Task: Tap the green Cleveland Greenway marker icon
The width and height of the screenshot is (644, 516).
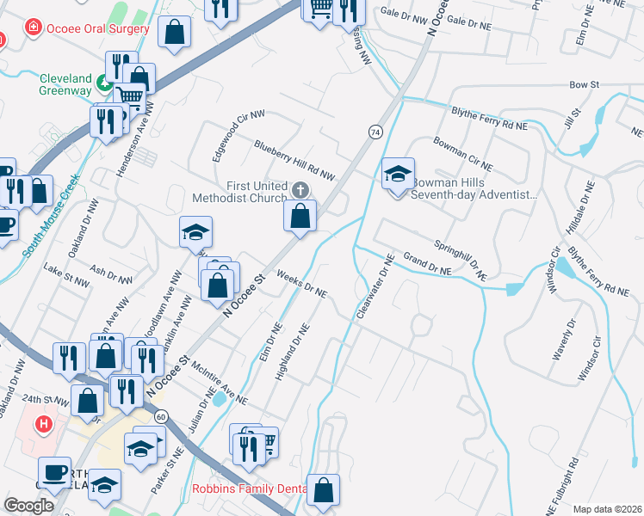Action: point(103,83)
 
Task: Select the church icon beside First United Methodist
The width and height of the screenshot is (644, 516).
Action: point(300,189)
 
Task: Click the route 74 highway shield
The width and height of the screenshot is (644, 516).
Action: point(375,132)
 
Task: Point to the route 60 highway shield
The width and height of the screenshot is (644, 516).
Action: point(161,416)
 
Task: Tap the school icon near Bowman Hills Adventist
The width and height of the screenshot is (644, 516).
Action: point(398,175)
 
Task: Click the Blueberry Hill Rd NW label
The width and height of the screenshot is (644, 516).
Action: point(294,160)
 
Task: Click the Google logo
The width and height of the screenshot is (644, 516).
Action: point(28,506)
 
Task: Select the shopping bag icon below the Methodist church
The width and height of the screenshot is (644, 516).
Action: point(300,218)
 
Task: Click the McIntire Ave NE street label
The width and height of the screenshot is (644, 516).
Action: point(220,384)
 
